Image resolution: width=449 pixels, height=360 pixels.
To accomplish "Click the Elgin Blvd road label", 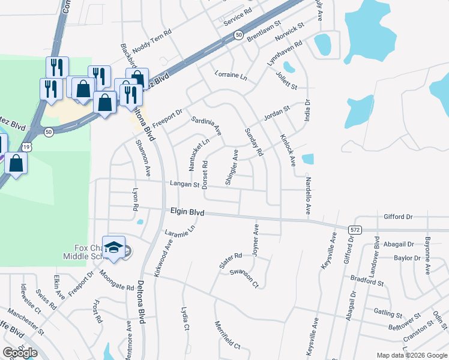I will click(187, 212).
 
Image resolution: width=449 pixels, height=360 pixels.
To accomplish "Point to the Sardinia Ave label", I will click(206, 126).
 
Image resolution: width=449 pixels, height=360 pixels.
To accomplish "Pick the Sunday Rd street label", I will click(254, 142).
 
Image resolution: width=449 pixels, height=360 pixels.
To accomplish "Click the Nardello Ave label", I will click(307, 196).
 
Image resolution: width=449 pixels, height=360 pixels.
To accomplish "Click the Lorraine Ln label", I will click(231, 76).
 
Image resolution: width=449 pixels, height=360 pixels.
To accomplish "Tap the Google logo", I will click(20, 353).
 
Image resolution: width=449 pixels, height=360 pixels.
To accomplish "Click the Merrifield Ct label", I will click(228, 336).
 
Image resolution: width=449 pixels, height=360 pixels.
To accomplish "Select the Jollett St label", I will click(286, 80).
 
